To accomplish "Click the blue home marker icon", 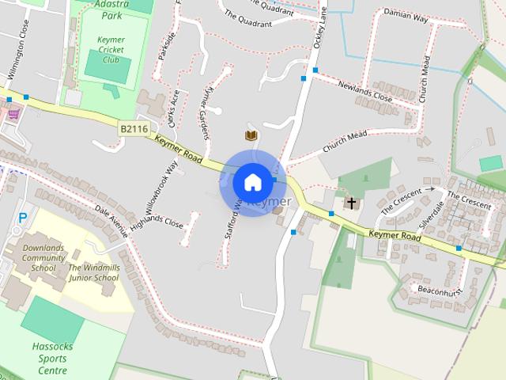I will click(252, 181).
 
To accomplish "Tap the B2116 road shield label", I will click(134, 127).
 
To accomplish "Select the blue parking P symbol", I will click(22, 216).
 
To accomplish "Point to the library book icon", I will click(251, 136).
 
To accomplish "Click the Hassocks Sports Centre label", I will click(55, 358).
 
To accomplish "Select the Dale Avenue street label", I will click(110, 222).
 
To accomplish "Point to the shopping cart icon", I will click(13, 114).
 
